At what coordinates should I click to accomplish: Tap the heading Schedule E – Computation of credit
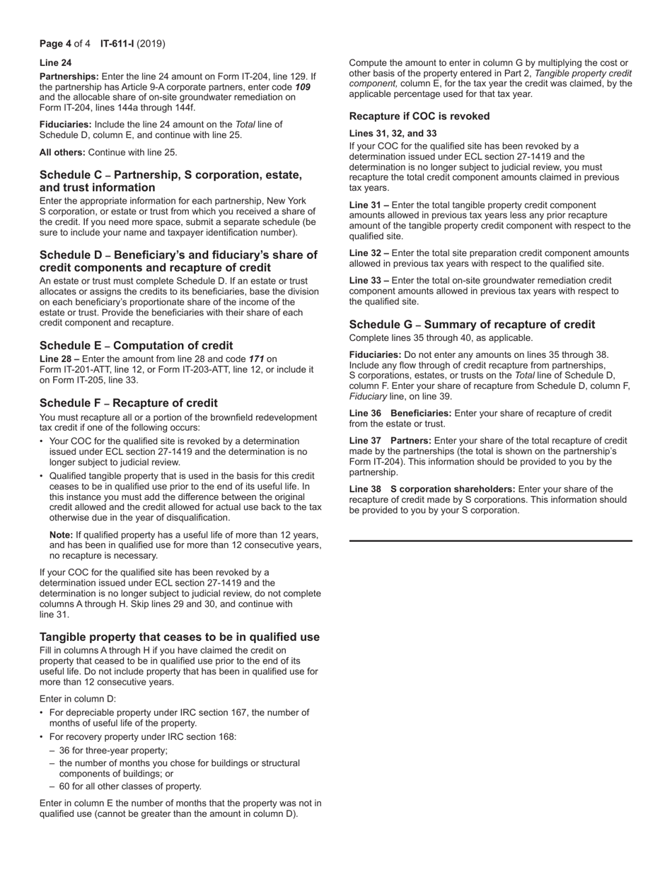[136, 346]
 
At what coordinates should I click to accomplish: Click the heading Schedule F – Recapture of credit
[129, 403]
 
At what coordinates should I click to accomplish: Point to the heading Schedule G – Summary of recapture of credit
[472, 325]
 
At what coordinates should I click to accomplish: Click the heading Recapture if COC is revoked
[419, 116]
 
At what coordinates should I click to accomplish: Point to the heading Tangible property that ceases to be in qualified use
[179, 637]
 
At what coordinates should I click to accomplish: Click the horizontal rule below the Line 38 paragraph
[490, 541]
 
